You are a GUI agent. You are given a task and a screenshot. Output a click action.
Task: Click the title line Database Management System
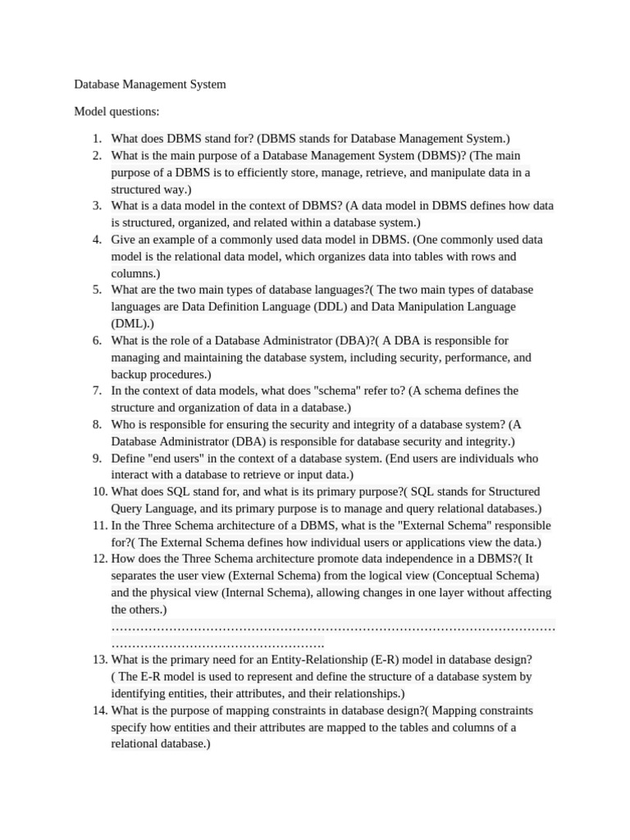pos(150,84)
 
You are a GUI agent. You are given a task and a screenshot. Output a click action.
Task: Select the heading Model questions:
pos(116,112)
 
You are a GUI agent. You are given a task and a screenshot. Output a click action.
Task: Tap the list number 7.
pos(97,390)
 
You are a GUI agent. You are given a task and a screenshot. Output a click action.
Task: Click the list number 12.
pos(100,559)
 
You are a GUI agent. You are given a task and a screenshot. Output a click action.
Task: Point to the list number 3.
pos(97,206)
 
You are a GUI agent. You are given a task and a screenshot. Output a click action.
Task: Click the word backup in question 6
pos(129,374)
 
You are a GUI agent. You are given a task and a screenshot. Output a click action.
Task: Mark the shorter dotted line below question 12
pos(217,643)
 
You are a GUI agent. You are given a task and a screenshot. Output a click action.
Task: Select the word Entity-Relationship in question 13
pos(340,660)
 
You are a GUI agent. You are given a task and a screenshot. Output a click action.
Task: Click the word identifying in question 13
pos(140,693)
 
